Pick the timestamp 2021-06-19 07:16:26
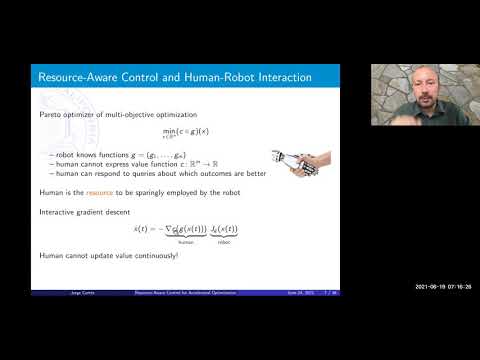[443, 287]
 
